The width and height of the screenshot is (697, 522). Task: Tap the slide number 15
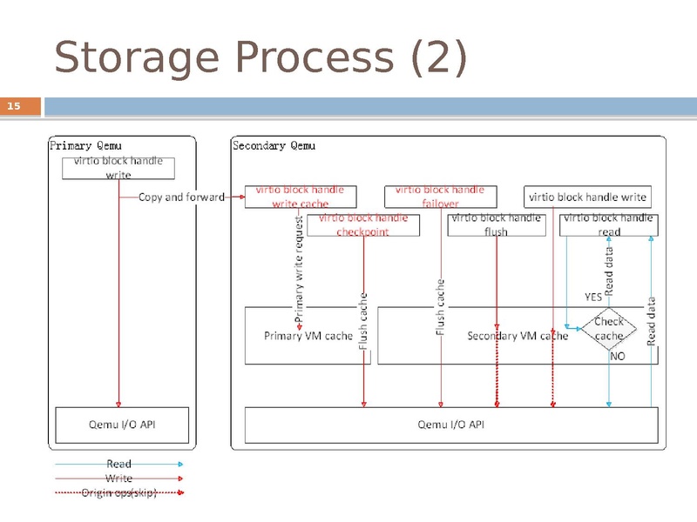click(14, 107)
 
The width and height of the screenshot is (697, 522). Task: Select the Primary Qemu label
click(86, 146)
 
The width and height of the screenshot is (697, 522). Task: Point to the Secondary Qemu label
click(274, 146)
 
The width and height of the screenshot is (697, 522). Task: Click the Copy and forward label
click(181, 197)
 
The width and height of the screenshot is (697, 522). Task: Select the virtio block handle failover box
click(439, 197)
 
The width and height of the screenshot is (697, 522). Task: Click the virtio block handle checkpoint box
click(362, 225)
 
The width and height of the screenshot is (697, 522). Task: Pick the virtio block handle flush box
click(495, 225)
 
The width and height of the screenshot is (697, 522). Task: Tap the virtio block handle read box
click(608, 225)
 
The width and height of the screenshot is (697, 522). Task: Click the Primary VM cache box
click(308, 336)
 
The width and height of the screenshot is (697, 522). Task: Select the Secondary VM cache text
click(518, 336)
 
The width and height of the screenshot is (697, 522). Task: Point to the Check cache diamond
click(608, 329)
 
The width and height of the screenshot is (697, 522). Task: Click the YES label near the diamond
click(593, 297)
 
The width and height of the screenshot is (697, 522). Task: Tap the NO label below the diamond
click(617, 357)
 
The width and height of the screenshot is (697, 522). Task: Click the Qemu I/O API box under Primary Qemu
click(121, 425)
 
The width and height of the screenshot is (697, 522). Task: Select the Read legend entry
click(119, 465)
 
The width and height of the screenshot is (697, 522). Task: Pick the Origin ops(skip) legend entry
click(119, 492)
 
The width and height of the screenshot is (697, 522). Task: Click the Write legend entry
click(119, 478)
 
